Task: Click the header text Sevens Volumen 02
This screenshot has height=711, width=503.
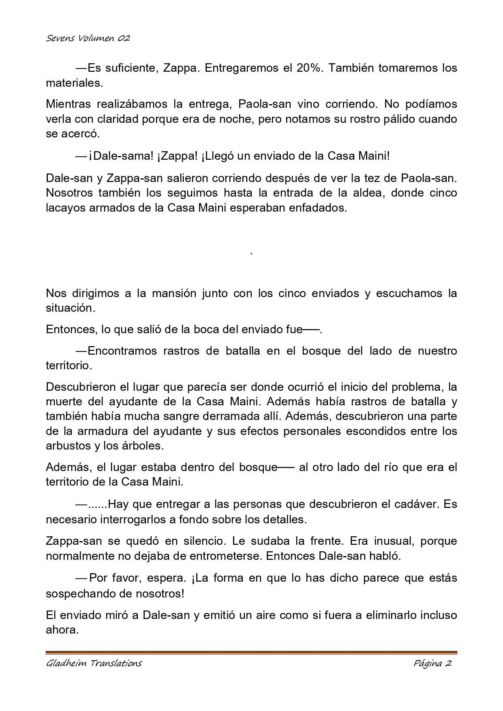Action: click(88, 39)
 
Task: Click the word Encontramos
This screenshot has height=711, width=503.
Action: click(122, 351)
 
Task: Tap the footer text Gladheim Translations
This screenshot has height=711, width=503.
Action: click(94, 664)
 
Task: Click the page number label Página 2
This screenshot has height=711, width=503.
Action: click(432, 664)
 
